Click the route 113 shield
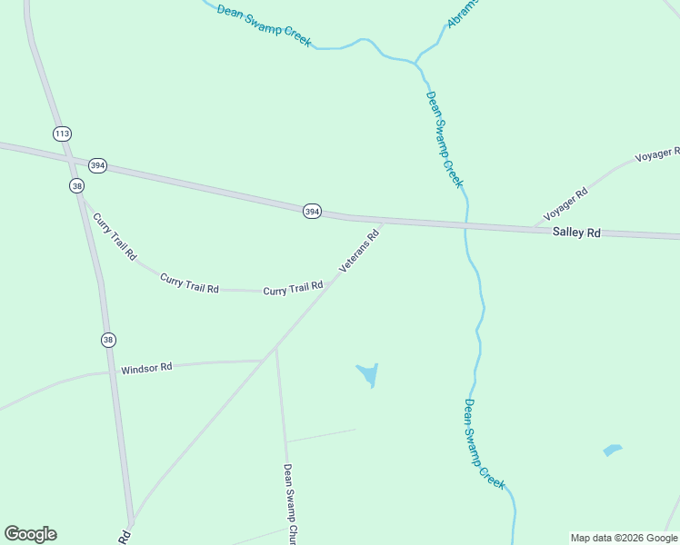(x=62, y=134)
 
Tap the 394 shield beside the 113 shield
(x=97, y=165)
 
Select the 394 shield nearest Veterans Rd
(x=312, y=212)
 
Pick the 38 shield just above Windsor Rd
(x=108, y=340)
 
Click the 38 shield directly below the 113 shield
(x=76, y=185)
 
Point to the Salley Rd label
(x=577, y=233)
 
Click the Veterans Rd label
(x=358, y=251)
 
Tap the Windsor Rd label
(x=146, y=369)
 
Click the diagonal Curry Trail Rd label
(x=115, y=236)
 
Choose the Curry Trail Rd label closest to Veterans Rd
(x=293, y=290)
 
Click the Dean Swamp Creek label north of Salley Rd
(x=445, y=138)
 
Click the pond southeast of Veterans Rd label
(x=368, y=373)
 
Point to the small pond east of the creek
(x=612, y=450)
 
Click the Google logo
(x=30, y=534)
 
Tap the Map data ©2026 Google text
(x=624, y=538)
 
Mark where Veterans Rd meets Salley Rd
(x=382, y=221)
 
